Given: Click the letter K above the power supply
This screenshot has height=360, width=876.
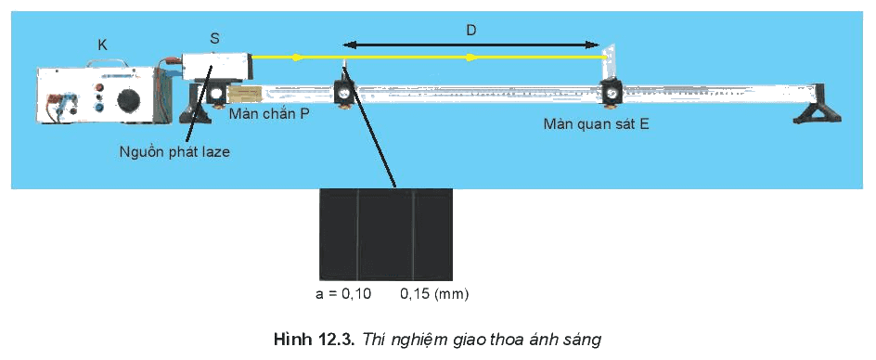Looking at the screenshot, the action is click(x=102, y=45).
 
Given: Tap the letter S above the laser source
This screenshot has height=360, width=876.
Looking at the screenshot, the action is click(x=215, y=39).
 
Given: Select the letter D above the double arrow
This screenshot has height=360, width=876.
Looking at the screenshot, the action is click(x=471, y=31).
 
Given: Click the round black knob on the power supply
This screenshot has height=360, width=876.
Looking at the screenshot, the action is click(x=129, y=102).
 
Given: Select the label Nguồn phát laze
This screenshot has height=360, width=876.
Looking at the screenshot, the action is click(x=174, y=151).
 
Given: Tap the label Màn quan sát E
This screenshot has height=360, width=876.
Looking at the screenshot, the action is click(x=596, y=124).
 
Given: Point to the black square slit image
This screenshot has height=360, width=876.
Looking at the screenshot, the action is click(x=386, y=234).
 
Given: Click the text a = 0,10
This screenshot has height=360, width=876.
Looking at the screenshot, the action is click(x=343, y=294).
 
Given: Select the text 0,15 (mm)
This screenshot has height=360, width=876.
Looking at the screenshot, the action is click(x=434, y=294).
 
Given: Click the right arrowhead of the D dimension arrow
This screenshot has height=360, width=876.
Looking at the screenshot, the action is click(x=592, y=45).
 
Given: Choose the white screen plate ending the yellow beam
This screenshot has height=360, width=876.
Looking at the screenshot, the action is click(x=609, y=62).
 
